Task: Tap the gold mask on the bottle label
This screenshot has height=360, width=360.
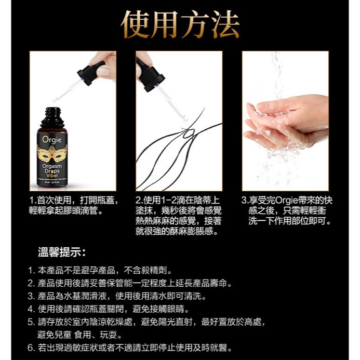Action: coord(52,153)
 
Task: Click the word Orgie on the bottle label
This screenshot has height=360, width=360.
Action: coord(52,140)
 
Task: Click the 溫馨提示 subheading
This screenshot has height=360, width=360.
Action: coord(61,253)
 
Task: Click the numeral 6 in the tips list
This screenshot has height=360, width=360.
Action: coord(31,348)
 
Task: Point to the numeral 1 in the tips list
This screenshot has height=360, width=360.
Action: coord(31,271)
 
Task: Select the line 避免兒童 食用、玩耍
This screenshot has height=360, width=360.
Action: coord(79,335)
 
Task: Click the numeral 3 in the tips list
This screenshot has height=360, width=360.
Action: coord(31,297)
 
